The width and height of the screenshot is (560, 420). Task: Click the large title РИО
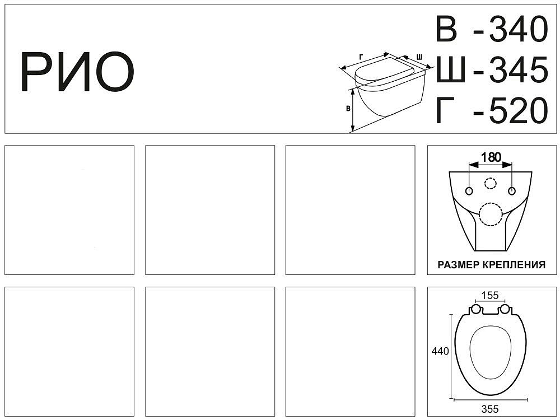tap(77, 72)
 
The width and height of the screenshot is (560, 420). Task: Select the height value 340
tap(518, 29)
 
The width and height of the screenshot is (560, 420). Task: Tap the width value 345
tap(518, 69)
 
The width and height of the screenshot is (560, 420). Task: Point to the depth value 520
tap(518, 110)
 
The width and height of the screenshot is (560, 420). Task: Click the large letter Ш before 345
tap(451, 69)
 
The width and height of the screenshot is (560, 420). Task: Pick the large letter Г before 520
tap(445, 110)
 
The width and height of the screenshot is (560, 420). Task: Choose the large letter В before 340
tap(446, 29)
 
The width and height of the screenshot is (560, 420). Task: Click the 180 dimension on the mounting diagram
tap(491, 157)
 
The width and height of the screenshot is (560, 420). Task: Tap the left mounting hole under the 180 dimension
tap(469, 191)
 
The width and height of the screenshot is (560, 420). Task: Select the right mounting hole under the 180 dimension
tap(512, 191)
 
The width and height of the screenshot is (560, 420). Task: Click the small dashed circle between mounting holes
tap(491, 183)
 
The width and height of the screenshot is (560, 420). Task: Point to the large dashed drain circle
tap(491, 214)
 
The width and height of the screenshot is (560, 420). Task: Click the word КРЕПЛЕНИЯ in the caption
tap(514, 265)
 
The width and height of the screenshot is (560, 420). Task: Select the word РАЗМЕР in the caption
tap(459, 265)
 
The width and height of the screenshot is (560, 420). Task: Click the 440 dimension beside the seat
tap(440, 352)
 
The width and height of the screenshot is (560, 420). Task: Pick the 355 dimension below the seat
tap(489, 409)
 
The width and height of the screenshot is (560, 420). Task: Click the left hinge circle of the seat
tap(475, 310)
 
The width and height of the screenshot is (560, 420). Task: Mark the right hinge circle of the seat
tap(505, 310)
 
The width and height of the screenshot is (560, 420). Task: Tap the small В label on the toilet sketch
tap(348, 109)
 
